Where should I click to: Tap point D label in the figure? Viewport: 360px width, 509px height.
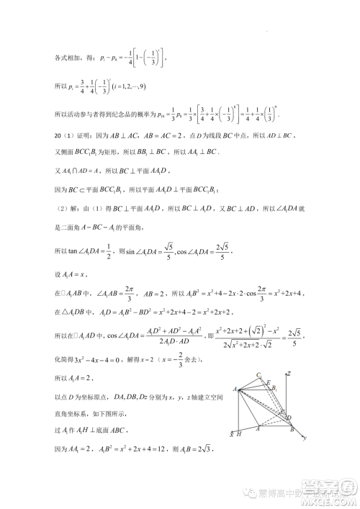tap(289, 417)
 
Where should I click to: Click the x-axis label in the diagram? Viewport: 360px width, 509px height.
tap(231, 435)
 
